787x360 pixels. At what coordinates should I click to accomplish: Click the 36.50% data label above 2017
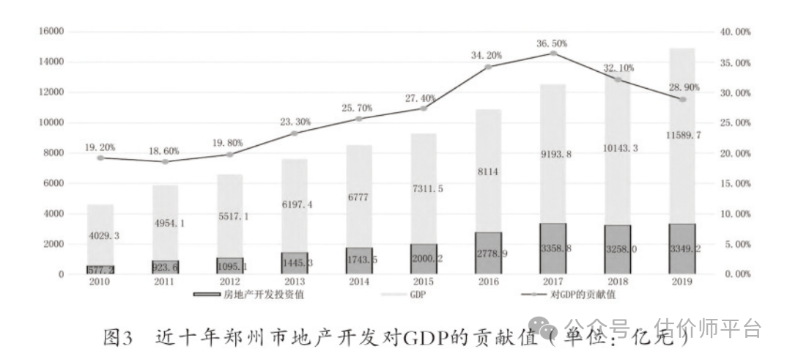click(x=553, y=44)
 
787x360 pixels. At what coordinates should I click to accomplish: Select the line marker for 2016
click(x=488, y=67)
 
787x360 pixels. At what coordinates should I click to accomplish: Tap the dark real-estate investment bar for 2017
click(x=553, y=249)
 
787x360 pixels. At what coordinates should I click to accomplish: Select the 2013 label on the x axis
click(x=295, y=282)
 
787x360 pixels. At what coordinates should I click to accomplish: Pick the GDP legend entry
click(x=418, y=295)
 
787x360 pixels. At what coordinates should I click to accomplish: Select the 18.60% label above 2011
click(x=165, y=151)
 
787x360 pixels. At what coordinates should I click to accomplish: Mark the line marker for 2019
click(x=681, y=99)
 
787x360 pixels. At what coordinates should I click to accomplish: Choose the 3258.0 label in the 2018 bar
click(x=617, y=249)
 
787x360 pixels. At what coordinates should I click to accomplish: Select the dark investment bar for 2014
click(x=359, y=261)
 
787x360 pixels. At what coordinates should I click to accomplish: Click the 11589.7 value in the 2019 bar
click(x=681, y=136)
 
